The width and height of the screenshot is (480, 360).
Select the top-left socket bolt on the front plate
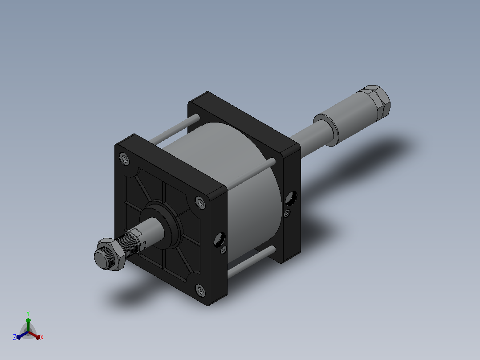click(124, 159)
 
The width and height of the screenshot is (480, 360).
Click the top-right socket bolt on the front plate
click(200, 203)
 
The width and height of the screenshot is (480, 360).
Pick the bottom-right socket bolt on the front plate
click(200, 290)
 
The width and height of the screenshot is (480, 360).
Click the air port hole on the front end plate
click(220, 239)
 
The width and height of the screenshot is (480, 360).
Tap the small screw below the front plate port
click(224, 250)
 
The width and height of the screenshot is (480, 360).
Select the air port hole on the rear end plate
click(291, 198)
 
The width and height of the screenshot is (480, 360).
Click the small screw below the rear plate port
click(287, 213)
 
